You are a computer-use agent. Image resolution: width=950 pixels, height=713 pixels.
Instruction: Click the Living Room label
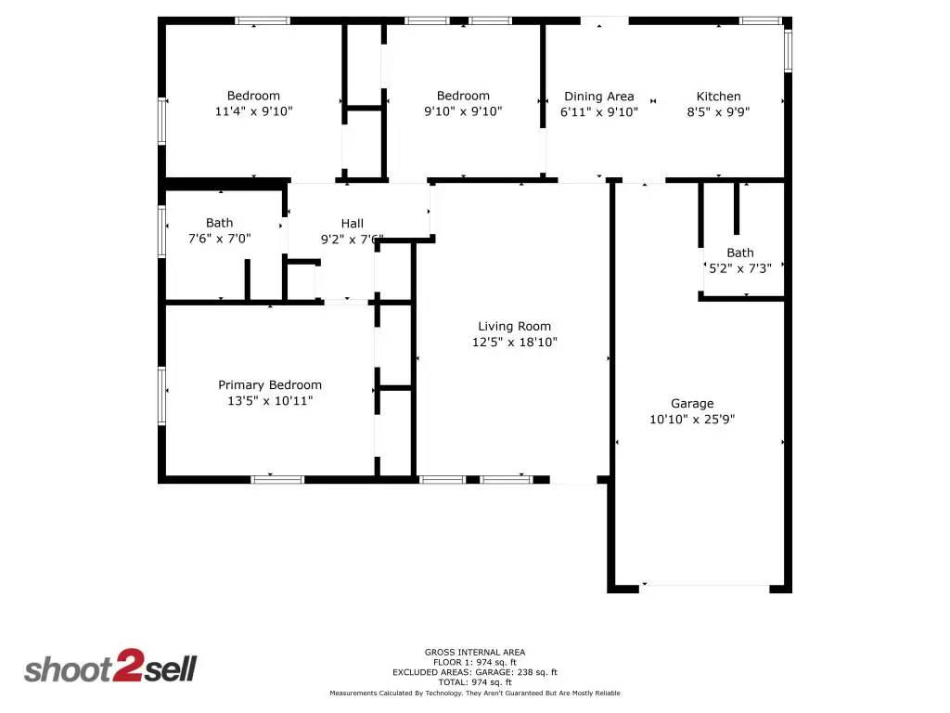(514, 326)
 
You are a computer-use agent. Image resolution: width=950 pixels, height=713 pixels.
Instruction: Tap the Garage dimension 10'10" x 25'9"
(692, 419)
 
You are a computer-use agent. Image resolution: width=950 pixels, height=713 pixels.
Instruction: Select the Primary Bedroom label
(270, 384)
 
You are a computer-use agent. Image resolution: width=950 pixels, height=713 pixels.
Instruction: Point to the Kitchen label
(719, 96)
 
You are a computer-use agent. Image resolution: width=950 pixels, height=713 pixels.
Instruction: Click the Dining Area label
(599, 96)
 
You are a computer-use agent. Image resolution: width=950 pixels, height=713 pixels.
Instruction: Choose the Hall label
(353, 223)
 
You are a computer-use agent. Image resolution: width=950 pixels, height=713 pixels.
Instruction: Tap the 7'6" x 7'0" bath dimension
(220, 238)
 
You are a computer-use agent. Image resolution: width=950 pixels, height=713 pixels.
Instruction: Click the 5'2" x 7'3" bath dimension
(740, 267)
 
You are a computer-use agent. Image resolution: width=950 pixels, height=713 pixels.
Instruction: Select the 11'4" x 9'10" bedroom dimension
(253, 111)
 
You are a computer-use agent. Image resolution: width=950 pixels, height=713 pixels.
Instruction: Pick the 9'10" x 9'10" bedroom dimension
(463, 111)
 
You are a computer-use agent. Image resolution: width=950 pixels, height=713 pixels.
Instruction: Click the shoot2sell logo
(110, 668)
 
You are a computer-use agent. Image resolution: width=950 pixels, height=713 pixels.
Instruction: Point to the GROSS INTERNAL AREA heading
(474, 652)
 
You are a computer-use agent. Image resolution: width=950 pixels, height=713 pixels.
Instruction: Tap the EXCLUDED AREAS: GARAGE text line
(474, 672)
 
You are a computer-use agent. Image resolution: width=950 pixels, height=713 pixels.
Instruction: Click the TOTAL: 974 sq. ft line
(474, 682)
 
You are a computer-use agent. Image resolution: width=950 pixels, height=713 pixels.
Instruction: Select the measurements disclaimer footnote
(474, 693)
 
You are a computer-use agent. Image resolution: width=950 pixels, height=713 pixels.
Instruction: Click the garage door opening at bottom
(705, 586)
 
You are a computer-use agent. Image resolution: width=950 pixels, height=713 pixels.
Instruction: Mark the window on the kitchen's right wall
(788, 51)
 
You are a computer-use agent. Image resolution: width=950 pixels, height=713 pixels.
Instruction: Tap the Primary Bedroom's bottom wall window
(277, 479)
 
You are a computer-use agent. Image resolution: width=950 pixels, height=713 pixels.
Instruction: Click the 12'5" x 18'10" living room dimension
(514, 342)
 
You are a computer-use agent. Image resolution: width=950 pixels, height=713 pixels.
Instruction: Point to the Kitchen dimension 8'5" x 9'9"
(719, 111)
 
